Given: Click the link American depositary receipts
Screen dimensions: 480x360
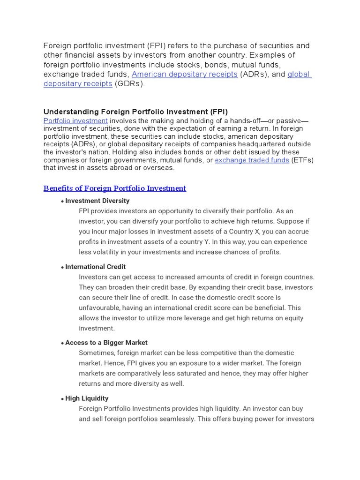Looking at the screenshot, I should (x=184, y=75).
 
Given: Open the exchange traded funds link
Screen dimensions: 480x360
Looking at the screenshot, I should (x=252, y=160).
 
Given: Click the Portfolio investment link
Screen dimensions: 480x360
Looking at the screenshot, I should (x=75, y=120).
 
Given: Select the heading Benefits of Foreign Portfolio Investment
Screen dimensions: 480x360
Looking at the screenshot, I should (x=115, y=188).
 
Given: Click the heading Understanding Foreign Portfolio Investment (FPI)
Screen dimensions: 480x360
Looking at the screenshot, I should (x=135, y=112).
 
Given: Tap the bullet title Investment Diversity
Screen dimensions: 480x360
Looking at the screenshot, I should (x=97, y=201).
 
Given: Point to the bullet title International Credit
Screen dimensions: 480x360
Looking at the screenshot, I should (x=95, y=267).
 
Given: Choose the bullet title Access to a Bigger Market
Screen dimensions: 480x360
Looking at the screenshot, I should (x=106, y=343).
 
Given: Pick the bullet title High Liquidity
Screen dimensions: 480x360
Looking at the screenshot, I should (x=87, y=398).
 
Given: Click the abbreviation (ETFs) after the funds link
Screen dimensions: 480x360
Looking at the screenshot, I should (x=302, y=160).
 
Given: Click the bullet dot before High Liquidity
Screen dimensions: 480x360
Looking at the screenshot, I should (x=62, y=399).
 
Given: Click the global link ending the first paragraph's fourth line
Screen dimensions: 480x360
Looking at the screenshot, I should (x=299, y=75).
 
